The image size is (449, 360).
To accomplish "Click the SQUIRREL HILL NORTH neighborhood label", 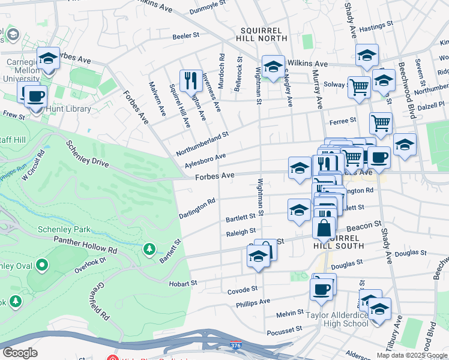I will pyautogui.click(x=264, y=35).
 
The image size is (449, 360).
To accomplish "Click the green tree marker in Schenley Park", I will pyautogui.click(x=148, y=249).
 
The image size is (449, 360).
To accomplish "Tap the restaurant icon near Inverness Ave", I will pyautogui.click(x=191, y=81).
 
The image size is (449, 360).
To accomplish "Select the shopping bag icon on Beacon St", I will pyautogui.click(x=324, y=229).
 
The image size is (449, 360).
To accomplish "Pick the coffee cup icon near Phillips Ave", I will pyautogui.click(x=321, y=289).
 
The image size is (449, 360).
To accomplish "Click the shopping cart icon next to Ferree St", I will pyautogui.click(x=381, y=124).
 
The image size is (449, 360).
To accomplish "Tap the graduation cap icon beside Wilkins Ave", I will pyautogui.click(x=273, y=67).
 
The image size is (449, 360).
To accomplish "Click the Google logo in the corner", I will pyautogui.click(x=20, y=353).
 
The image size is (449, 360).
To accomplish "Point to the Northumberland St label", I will pyautogui.click(x=202, y=144).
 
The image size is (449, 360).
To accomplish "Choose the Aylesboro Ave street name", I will pyautogui.click(x=205, y=160).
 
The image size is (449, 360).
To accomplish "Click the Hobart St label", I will pyautogui.click(x=183, y=283).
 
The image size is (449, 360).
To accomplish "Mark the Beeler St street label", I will pyautogui.click(x=185, y=36).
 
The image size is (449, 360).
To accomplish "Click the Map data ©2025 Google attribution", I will pyautogui.click(x=412, y=355).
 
